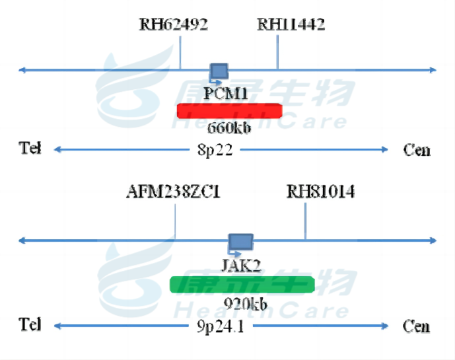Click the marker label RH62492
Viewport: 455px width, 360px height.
(174, 26)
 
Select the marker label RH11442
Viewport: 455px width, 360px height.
(291, 26)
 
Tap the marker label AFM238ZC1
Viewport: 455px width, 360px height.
(173, 192)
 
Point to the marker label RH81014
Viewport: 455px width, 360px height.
(320, 192)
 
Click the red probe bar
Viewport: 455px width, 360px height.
(229, 110)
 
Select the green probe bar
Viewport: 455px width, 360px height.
(242, 284)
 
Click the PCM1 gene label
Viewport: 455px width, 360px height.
(226, 94)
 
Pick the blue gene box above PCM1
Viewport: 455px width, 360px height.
(219, 70)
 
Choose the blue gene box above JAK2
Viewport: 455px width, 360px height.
(240, 242)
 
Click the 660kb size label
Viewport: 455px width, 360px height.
(229, 127)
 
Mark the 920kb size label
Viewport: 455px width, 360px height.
(244, 305)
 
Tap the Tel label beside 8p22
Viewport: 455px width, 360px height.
(30, 149)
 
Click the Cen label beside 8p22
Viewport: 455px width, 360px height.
(417, 150)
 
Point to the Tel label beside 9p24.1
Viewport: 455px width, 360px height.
(30, 325)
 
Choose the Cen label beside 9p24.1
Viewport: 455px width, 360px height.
(417, 326)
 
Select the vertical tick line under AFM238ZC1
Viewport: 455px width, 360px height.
(176, 221)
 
